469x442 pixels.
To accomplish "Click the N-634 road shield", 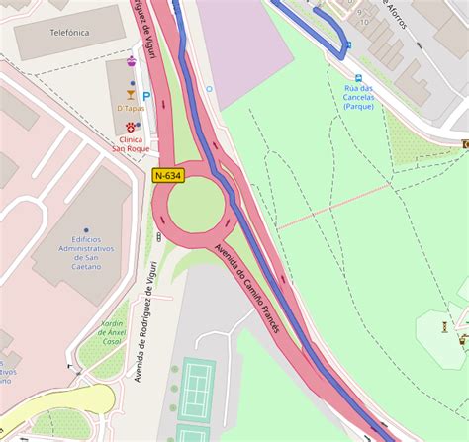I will pyautogui.click(x=167, y=176).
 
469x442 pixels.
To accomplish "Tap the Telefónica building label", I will pyautogui.click(x=65, y=33).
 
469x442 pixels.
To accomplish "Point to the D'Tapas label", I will pyautogui.click(x=131, y=108).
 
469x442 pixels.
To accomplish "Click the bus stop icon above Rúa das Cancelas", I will pyautogui.click(x=358, y=76).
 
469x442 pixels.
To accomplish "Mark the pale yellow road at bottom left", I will pyautogui.click(x=59, y=400).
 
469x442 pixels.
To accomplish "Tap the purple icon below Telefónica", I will pyautogui.click(x=132, y=58).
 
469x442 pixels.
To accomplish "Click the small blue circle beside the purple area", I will pyautogui.click(x=209, y=89).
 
